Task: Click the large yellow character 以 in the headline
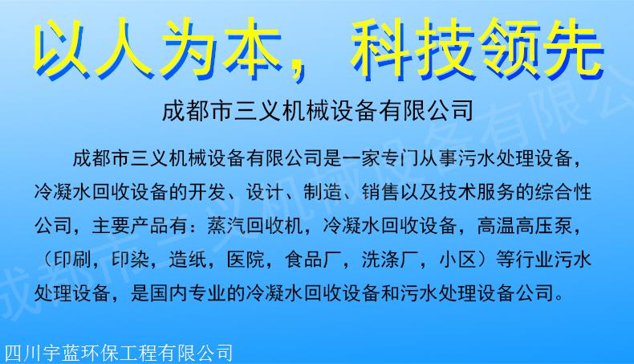coord(61,47)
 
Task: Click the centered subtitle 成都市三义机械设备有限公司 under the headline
coord(318,111)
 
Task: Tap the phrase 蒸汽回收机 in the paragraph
coord(254,225)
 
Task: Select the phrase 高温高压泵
coord(525,225)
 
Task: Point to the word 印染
coord(130,259)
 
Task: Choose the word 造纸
coord(188,259)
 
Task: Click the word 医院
coord(246,259)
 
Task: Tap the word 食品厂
coord(313,259)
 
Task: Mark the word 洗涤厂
coord(390,259)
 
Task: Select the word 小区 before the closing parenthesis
coord(457,259)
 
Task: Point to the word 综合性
coord(563,191)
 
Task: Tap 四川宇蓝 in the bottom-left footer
coord(32,354)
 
